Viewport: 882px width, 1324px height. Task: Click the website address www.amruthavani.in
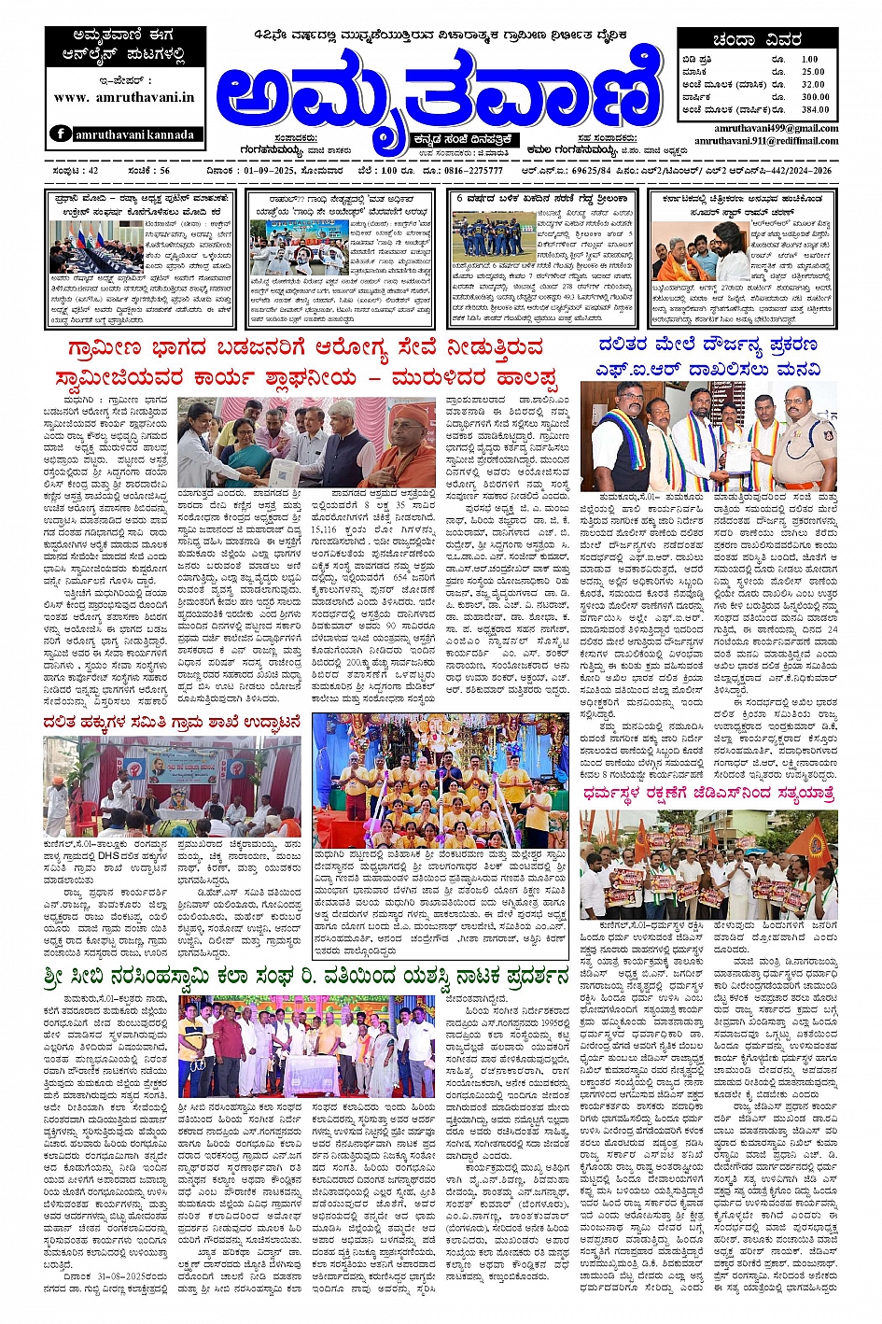coord(124,97)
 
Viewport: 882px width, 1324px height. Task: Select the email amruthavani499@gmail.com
coord(776,128)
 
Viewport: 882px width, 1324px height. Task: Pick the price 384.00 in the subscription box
coord(814,109)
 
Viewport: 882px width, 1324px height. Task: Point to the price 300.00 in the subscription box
coord(814,97)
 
